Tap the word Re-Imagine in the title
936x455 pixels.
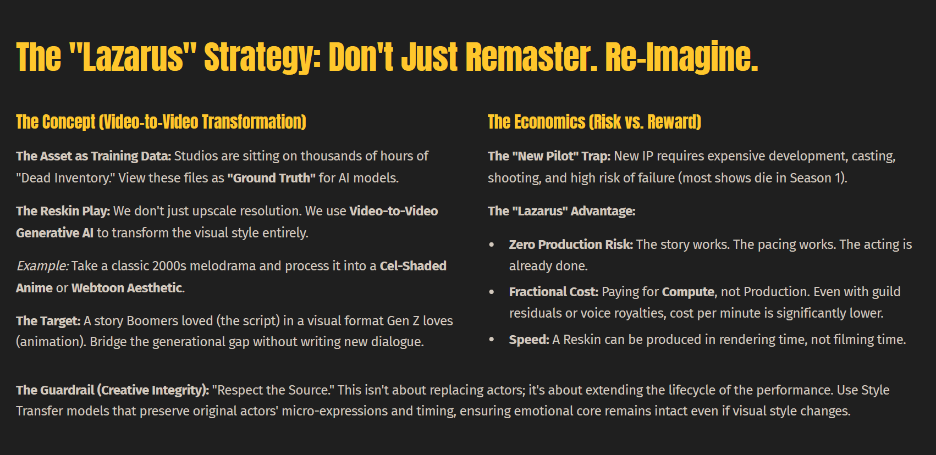click(x=681, y=58)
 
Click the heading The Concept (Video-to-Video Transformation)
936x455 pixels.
click(x=161, y=122)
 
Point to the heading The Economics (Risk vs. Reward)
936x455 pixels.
click(x=594, y=122)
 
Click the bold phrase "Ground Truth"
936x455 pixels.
click(x=272, y=178)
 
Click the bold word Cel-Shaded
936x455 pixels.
click(x=413, y=266)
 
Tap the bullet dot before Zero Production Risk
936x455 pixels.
click(x=492, y=245)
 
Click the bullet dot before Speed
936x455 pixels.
click(x=492, y=340)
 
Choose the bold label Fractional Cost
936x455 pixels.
click(x=554, y=291)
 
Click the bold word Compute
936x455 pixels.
click(x=688, y=292)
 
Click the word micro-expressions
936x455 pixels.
click(x=335, y=411)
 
